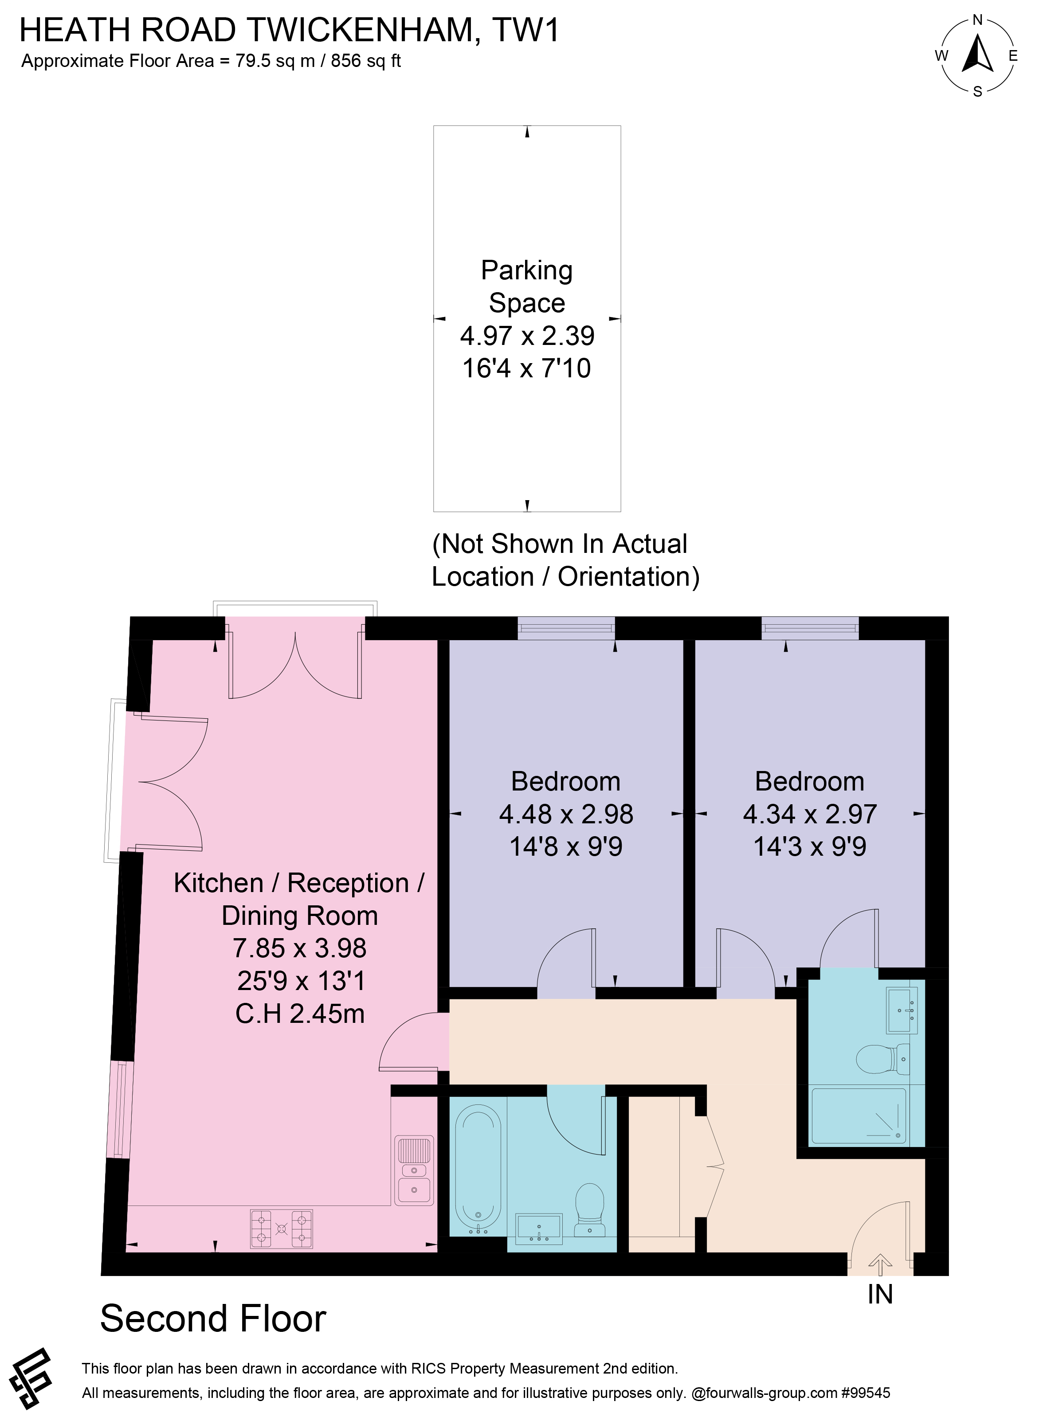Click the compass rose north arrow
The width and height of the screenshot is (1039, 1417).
click(x=977, y=54)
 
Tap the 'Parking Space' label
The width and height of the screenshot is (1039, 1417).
click(x=527, y=287)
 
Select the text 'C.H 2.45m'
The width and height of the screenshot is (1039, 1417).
click(x=300, y=1014)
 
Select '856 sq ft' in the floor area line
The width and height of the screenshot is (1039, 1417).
click(x=365, y=61)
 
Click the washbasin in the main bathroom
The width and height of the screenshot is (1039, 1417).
click(x=539, y=1229)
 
